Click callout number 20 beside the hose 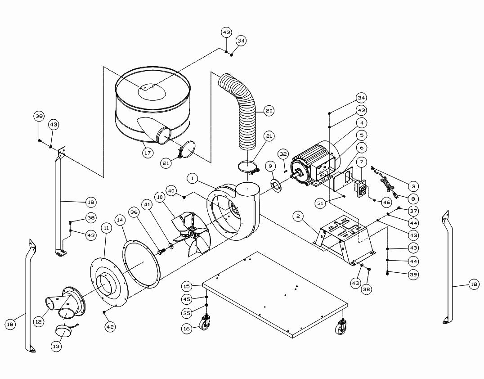(269, 110)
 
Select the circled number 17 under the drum (148, 153)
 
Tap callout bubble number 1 (193, 179)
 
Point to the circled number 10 (159, 197)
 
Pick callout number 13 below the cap (57, 346)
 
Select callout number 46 (387, 203)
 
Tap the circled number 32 (283, 154)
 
